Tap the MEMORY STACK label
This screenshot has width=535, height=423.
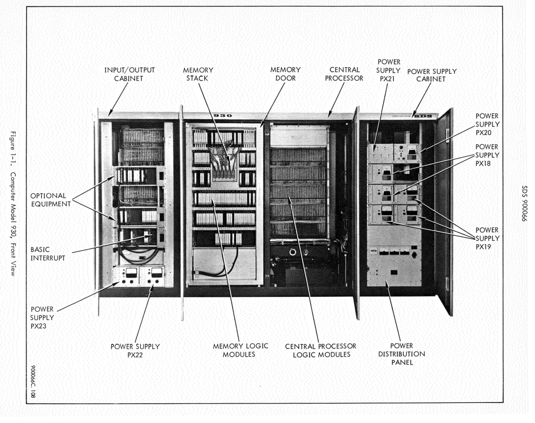198,74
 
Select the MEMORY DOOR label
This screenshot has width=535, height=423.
285,74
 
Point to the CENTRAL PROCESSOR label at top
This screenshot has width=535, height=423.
344,74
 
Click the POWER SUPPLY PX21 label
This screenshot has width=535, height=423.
388,70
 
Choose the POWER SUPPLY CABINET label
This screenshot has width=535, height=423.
432,75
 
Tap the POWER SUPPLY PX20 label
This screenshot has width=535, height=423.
487,124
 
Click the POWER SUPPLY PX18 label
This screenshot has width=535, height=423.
487,155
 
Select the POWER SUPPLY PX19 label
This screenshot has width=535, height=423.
487,238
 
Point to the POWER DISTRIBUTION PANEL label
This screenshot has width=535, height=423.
401,354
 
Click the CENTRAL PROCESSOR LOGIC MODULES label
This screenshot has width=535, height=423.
321,350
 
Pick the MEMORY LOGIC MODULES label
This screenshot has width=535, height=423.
240,350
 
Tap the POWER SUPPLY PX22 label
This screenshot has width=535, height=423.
135,351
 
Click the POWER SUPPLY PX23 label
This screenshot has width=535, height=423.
42,318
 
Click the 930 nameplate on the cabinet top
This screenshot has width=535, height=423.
223,115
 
